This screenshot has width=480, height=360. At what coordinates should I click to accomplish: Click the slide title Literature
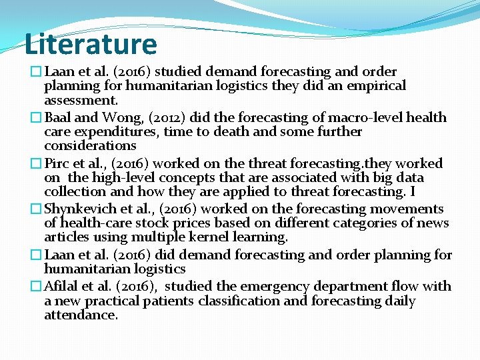pos(91,44)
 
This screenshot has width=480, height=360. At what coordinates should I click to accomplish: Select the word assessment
pos(81,101)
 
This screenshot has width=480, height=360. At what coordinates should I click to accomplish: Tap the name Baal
pos(59,118)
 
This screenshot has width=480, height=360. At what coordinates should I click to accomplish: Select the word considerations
pos(90,146)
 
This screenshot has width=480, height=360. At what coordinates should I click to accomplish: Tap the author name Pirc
pos(57,164)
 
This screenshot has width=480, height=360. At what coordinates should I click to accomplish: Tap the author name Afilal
pos(62,287)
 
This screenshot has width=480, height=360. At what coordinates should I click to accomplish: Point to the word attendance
pos(81,315)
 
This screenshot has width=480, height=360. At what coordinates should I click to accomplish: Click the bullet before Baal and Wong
pos(37,118)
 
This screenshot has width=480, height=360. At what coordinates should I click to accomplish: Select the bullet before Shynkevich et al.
pos(37,209)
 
